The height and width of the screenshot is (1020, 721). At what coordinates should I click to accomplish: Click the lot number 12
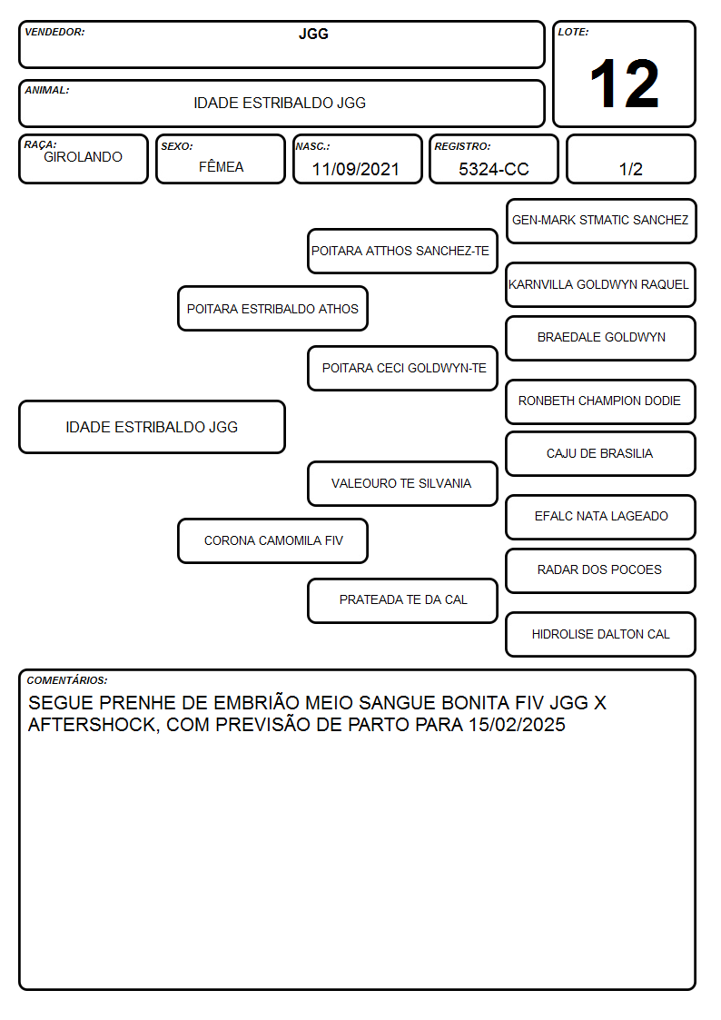624,84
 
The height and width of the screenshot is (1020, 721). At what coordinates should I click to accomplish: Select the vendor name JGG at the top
313,34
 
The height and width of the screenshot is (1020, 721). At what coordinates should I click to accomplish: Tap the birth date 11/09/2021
356,169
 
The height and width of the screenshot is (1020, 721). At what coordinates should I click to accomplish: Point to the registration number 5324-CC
493,169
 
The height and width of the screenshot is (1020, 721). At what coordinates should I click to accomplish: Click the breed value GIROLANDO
83,157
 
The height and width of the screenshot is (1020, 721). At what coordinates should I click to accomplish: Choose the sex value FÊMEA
221,166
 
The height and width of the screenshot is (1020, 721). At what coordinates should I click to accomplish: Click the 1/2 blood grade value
630,169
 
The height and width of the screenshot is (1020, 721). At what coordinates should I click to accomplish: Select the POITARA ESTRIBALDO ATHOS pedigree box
272,308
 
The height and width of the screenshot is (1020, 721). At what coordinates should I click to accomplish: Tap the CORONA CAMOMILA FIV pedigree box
272,540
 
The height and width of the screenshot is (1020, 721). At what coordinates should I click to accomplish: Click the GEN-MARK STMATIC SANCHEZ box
601,221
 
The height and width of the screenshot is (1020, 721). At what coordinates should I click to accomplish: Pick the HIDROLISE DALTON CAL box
601,634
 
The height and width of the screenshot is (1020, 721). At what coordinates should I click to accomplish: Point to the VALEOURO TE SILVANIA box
402,483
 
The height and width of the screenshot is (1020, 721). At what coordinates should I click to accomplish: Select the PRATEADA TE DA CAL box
402,600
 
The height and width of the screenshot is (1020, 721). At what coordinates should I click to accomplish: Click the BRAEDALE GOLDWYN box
601,338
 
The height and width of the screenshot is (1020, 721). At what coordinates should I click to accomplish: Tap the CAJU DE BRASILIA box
601,453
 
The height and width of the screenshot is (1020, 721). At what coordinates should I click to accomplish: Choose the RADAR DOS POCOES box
601,570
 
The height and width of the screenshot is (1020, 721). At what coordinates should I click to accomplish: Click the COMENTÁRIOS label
67,680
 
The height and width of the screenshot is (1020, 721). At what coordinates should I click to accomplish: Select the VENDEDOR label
54,32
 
